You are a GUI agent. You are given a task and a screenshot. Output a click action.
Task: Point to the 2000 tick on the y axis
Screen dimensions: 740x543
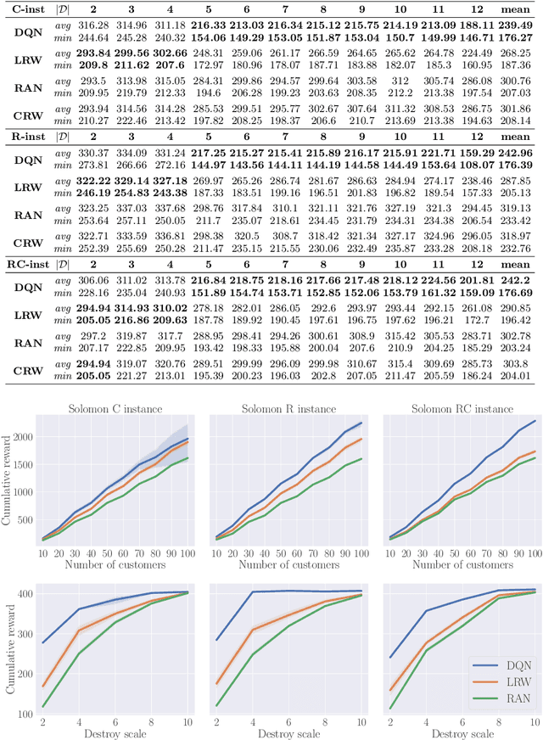34,435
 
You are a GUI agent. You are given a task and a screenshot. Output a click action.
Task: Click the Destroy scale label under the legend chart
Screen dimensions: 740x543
459,734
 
